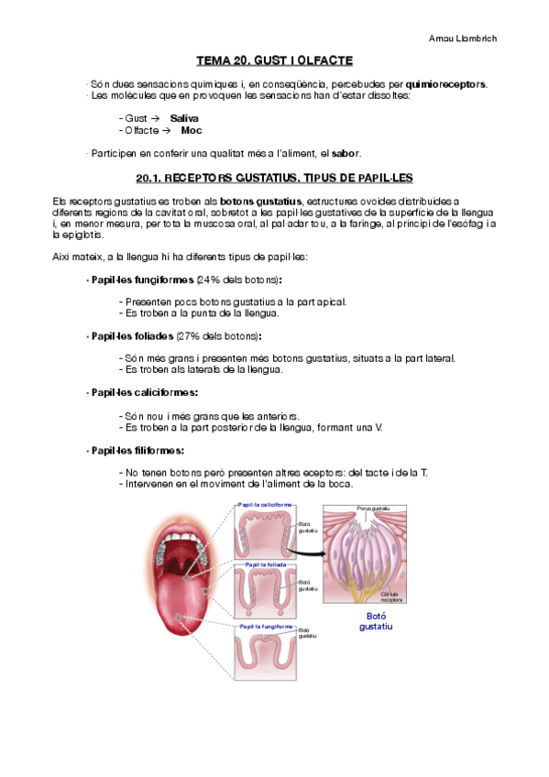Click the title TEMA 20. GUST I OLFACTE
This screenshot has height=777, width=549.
274,60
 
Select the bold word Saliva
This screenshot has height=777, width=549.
184,118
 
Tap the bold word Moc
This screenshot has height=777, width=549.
192,131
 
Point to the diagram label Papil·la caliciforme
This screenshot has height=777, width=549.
264,504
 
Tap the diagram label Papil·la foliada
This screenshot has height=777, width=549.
266,564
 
